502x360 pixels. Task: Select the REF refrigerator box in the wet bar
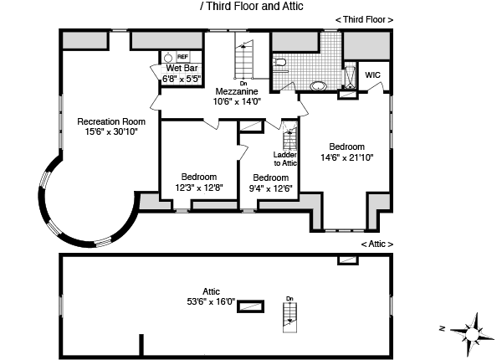point(182,56)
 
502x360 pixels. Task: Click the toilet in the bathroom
point(281,61)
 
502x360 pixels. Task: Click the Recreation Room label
point(105,121)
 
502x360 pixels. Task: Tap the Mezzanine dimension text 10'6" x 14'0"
point(238,100)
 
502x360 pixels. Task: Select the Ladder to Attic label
point(286,158)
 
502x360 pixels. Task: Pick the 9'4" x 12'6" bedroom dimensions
point(271,188)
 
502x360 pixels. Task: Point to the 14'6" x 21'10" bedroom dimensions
point(346,157)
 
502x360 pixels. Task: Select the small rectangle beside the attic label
point(248,306)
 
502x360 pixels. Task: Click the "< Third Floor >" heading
point(363,18)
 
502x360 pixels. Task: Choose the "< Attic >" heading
point(376,244)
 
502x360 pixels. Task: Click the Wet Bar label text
point(182,68)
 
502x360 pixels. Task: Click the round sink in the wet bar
point(166,58)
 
